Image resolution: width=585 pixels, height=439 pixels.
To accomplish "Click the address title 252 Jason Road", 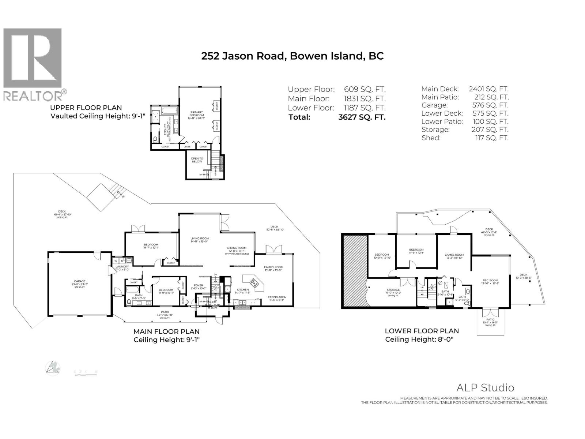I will (292, 56).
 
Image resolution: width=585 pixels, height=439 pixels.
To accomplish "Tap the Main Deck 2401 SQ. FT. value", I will (488, 89).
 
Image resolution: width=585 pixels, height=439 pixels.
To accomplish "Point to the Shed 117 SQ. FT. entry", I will (465, 138).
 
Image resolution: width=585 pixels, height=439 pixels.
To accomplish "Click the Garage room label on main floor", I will (79, 281).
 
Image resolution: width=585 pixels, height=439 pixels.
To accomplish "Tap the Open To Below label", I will (197, 160).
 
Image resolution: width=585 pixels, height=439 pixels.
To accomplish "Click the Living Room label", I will (200, 239).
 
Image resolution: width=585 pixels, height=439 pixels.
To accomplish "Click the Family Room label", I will (273, 267).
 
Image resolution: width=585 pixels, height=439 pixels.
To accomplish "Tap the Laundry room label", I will (122, 267).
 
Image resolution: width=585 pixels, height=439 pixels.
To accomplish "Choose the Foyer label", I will (199, 285).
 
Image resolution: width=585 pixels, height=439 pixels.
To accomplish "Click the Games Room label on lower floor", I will (454, 255).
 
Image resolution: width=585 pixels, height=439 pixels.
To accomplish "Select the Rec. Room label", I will (490, 281).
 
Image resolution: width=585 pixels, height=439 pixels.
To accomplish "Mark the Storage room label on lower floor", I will (393, 290).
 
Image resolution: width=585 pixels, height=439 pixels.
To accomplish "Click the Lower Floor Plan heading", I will (422, 331).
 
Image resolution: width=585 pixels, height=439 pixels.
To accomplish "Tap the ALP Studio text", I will (485, 388).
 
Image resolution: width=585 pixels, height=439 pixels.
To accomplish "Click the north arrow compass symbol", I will (53, 368).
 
